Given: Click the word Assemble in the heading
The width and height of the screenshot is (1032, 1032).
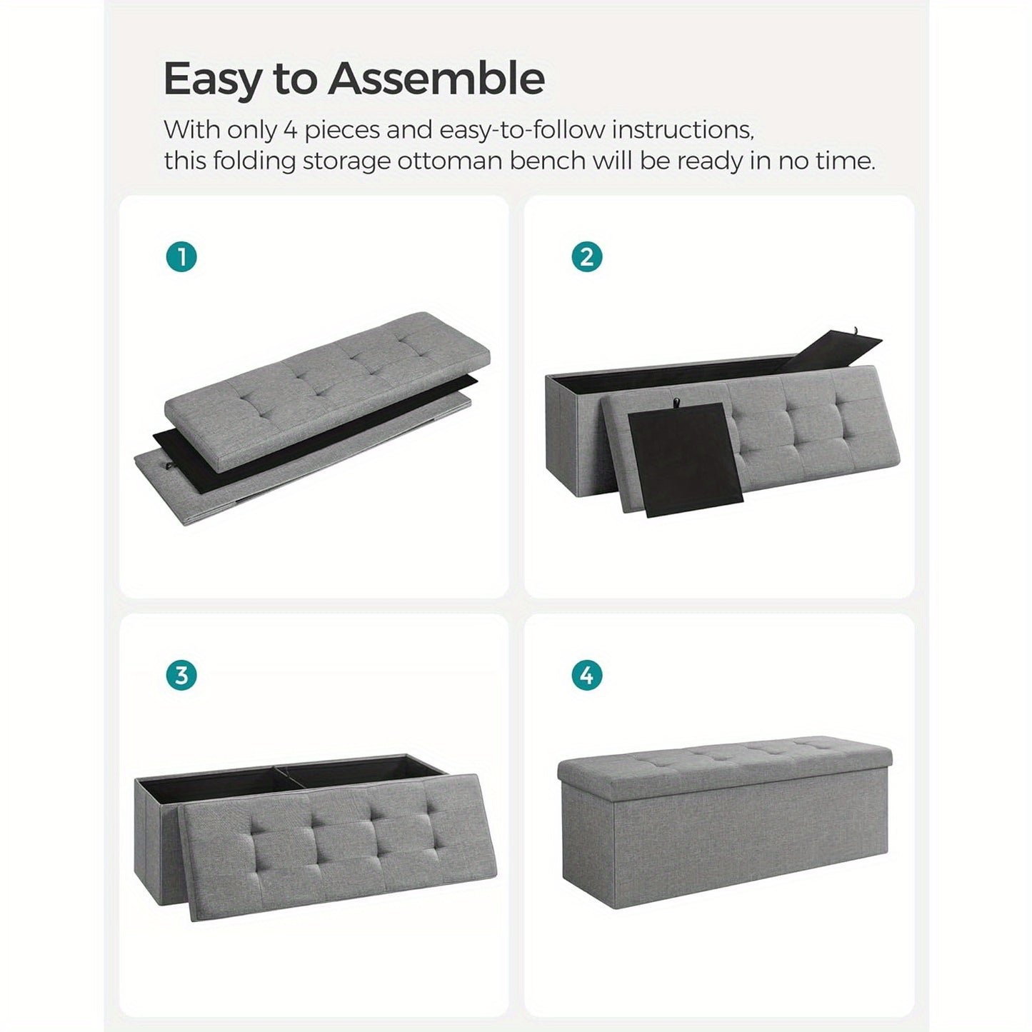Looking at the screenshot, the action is pyautogui.click(x=436, y=78).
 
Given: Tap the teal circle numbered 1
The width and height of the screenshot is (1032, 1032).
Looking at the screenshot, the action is pyautogui.click(x=181, y=258).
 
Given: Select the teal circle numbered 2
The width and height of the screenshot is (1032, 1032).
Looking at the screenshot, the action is pyautogui.click(x=587, y=258).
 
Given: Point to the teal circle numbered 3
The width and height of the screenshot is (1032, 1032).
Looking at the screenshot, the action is pyautogui.click(x=181, y=676).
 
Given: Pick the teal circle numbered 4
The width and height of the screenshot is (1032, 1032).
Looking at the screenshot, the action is pyautogui.click(x=587, y=676).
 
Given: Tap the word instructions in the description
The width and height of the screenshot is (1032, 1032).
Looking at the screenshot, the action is pyautogui.click(x=683, y=131).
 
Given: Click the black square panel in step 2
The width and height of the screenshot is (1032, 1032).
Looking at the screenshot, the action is pyautogui.click(x=686, y=459).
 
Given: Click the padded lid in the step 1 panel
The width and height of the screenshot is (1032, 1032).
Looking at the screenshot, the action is pyautogui.click(x=327, y=391).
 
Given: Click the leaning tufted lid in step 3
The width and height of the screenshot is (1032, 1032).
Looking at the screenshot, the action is pyautogui.click(x=337, y=847).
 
